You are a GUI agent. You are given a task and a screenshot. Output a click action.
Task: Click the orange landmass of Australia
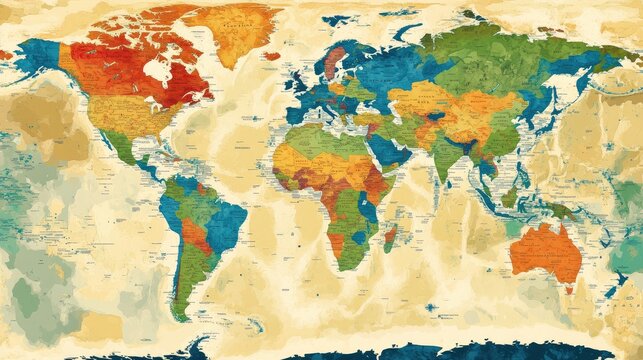pyautogui.click(x=545, y=251)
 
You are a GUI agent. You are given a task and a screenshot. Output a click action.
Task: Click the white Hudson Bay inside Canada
pyautogui.click(x=157, y=70)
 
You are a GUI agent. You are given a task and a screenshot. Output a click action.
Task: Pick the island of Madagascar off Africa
pyautogui.click(x=391, y=237)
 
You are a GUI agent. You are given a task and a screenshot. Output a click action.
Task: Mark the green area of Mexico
pyautogui.click(x=120, y=146)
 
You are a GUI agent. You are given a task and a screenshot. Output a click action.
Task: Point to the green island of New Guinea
pyautogui.click(x=561, y=211)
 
